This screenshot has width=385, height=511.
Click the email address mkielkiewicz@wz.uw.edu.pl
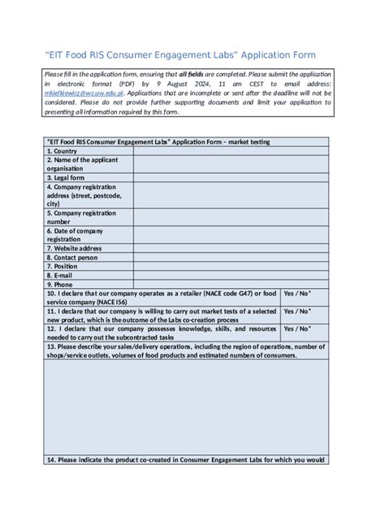(83, 93)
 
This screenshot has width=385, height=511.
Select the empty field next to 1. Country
(231, 151)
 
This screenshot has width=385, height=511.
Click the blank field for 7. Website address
(231, 248)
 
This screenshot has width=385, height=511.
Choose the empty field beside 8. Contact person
(231, 257)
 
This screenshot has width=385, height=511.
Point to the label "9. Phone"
(60, 284)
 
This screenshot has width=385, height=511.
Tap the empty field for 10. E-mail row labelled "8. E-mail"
(231, 275)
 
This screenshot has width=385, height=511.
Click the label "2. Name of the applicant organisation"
(82, 164)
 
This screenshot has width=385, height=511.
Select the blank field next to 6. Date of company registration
(231, 235)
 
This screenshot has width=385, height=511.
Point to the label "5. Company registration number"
(81, 217)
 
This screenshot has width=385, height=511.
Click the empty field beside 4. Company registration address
(231, 195)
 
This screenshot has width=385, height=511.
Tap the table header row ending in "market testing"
(186, 142)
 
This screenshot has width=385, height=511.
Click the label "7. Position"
(63, 266)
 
